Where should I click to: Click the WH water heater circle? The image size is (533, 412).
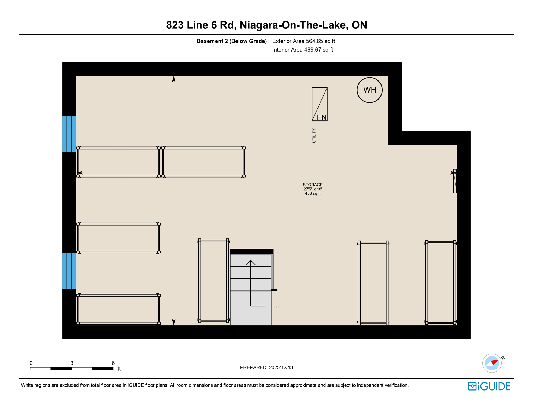point(369,90)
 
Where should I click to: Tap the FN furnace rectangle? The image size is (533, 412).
point(319,104)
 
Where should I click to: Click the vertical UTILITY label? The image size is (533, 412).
point(314,135)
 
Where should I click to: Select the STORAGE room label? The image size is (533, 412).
point(313,185)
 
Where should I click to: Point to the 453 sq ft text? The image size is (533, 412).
point(313,193)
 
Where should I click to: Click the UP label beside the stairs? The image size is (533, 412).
point(278,307)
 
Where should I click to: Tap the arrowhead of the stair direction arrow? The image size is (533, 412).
point(250,262)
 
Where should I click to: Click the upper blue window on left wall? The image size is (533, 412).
point(69,134)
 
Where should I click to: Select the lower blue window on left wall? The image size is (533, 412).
point(69,271)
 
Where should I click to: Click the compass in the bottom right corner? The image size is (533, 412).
point(492,363)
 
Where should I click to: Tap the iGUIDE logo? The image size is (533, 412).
point(489,386)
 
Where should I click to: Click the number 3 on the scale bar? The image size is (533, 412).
point(72,363)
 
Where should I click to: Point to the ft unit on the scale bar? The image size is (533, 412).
point(119,369)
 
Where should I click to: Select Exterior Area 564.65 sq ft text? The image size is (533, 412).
point(303,41)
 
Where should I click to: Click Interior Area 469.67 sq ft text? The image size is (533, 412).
point(302,50)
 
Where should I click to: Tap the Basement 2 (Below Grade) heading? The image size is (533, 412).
point(232,41)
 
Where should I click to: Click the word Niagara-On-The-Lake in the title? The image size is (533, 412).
point(294,25)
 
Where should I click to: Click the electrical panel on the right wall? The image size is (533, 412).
point(455,181)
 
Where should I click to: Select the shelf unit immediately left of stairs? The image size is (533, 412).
point(213,281)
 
